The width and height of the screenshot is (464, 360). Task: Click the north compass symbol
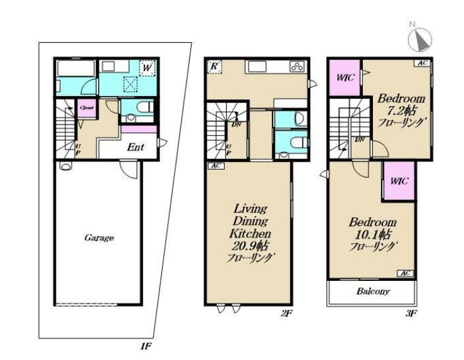(x=420, y=39)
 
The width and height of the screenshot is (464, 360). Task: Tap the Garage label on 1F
(x=99, y=237)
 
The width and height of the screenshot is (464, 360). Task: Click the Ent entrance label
(x=136, y=148)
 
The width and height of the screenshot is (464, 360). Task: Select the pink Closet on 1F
(x=87, y=108)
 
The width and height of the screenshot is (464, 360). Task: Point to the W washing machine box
(x=147, y=67)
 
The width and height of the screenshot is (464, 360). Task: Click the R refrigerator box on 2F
(x=214, y=66)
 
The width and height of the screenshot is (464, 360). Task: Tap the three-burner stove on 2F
(x=297, y=67)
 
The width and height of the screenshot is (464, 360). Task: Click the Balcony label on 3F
(x=373, y=292)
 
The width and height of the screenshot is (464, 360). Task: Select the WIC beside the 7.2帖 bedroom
(x=345, y=77)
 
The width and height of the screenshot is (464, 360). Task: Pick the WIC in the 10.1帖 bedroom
(x=399, y=181)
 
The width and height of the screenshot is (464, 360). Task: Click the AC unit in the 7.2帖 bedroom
(x=422, y=63)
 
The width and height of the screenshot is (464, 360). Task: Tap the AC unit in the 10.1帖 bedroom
(x=405, y=273)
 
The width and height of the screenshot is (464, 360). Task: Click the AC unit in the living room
(x=216, y=166)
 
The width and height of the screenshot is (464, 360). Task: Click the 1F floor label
(x=146, y=346)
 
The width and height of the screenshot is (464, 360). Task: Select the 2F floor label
(x=286, y=314)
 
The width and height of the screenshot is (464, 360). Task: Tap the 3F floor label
(x=411, y=314)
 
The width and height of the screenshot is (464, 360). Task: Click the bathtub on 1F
(x=76, y=68)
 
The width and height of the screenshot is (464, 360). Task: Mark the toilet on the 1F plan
(x=146, y=107)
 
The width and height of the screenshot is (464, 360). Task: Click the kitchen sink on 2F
(x=255, y=67)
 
